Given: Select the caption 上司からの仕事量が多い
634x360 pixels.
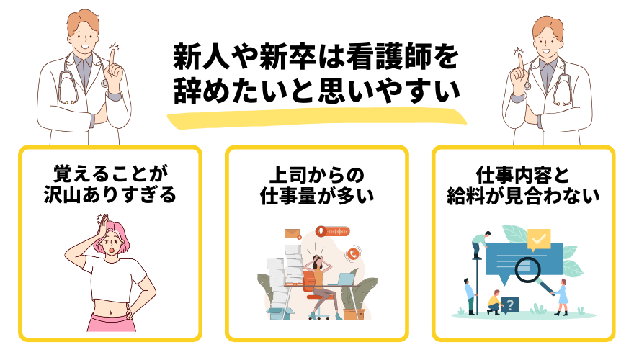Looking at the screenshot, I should [317, 186].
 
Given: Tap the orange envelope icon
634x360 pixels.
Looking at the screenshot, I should [292, 233].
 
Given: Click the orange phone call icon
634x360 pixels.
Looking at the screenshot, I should [353, 253].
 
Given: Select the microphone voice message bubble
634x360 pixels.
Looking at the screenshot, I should [333, 232].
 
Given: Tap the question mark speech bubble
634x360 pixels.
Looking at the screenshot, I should [510, 305].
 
